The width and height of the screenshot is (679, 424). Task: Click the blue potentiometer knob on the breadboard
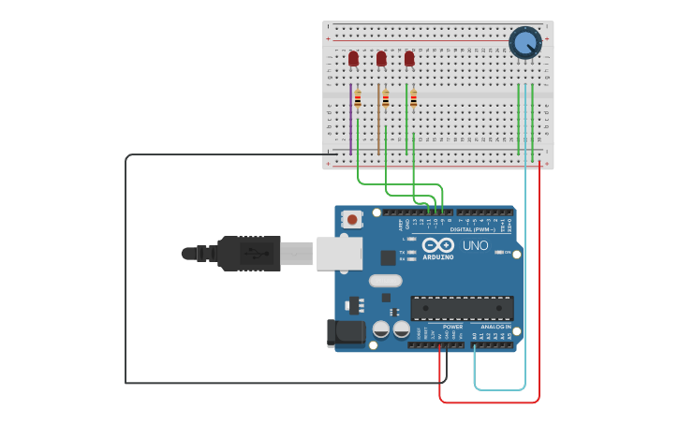point(524,42)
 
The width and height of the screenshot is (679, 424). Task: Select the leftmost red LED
point(353,58)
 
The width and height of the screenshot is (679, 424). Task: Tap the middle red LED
point(381,58)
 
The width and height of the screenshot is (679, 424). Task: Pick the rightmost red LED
point(409,58)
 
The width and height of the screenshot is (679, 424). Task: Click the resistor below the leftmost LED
point(358,98)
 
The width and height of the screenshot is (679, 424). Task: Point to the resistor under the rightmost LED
point(414,98)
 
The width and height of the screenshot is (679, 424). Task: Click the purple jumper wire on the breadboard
point(351,120)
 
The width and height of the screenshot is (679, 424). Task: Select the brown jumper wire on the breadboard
point(378,120)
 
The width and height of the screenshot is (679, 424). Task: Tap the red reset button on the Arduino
point(351,219)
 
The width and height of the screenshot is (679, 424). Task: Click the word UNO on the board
point(476,245)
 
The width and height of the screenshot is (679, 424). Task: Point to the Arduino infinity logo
point(437,245)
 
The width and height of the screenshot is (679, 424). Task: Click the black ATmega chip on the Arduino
point(462,308)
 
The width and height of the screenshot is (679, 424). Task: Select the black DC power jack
point(345,333)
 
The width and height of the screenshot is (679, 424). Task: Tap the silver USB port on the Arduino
point(338,253)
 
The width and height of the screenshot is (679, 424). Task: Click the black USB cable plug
point(248,253)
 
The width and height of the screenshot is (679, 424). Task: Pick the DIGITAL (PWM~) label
point(474,229)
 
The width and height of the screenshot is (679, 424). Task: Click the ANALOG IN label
point(495,327)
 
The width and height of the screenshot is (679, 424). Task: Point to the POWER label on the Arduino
point(440,327)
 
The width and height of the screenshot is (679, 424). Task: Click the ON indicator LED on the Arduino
point(497,253)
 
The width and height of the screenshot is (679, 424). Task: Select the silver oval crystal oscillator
point(385,280)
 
